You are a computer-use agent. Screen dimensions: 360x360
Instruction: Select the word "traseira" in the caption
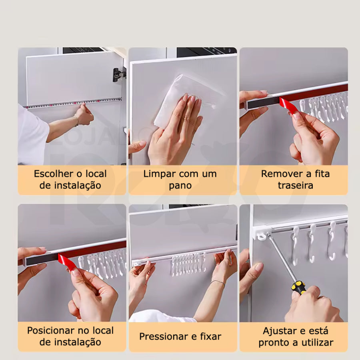(x=296, y=185)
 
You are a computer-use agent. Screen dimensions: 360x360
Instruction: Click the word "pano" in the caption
(x=180, y=186)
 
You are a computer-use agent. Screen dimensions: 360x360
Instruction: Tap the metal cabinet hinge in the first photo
(x=119, y=75)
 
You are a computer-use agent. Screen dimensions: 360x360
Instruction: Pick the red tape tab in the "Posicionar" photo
(x=68, y=262)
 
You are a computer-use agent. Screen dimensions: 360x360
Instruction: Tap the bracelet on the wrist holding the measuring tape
(x=77, y=121)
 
